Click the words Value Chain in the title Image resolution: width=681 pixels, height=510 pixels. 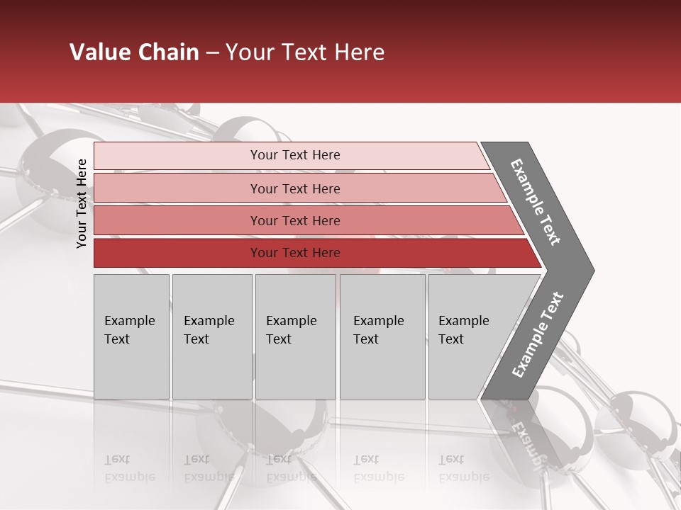point(134,52)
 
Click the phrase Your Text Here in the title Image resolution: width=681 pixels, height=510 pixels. point(305,52)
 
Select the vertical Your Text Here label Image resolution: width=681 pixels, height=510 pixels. point(82,203)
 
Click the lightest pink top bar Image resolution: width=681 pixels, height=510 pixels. point(177,156)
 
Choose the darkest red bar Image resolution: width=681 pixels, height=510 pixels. point(177,253)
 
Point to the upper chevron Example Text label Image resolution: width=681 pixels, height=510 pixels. point(536,202)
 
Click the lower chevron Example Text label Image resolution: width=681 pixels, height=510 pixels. point(537,335)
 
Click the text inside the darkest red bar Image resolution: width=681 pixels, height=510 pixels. point(295,253)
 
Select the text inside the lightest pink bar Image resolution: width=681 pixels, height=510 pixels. point(295,155)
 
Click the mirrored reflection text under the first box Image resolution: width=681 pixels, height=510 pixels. point(129,468)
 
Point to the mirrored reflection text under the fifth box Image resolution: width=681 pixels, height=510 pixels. point(463,468)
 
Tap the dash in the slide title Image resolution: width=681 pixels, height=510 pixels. point(212,53)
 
